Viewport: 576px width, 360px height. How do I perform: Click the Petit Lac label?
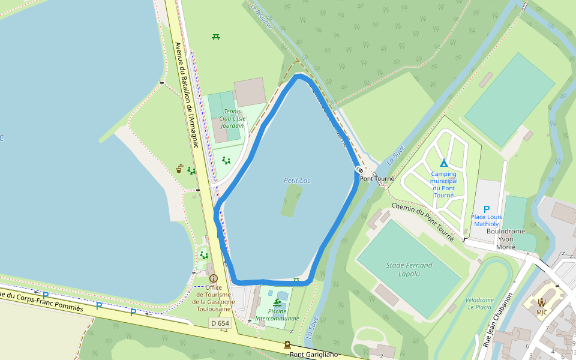point(297,180)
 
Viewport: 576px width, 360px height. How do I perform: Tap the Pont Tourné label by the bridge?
point(377,178)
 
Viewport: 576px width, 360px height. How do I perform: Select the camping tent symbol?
point(444,163)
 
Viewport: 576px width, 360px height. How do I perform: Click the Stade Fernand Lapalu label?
point(410,269)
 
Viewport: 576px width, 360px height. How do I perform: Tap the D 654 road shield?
point(220,323)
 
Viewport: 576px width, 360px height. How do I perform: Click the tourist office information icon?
point(213,278)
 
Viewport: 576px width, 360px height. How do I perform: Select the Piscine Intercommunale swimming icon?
point(277,302)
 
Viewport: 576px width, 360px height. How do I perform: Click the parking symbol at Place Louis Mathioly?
point(487,209)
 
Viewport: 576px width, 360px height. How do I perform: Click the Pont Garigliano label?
point(314,354)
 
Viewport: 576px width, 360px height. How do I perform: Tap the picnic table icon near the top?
point(216,37)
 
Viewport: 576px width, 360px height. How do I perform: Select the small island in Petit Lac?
point(292,200)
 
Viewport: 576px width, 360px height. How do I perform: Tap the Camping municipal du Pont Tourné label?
point(444,185)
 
